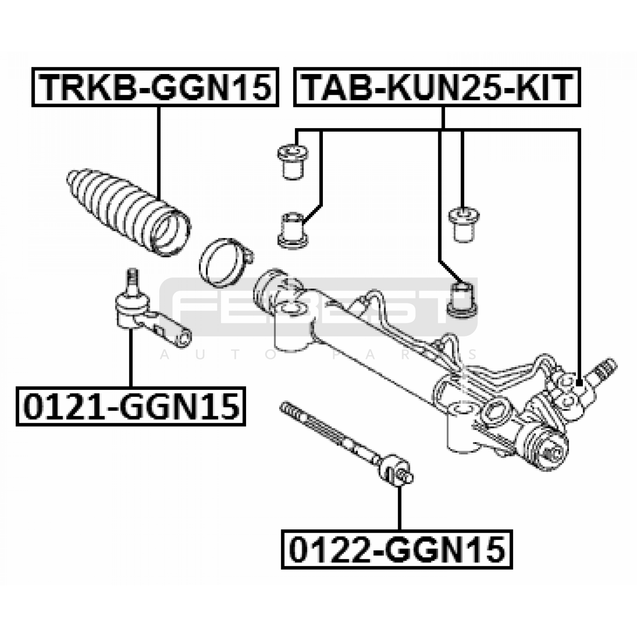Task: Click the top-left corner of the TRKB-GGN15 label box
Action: [33, 68]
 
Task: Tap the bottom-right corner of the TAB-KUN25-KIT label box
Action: [580, 106]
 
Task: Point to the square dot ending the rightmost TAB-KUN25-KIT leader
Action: [579, 383]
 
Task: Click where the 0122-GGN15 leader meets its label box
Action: [399, 530]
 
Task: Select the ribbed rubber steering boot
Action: [129, 213]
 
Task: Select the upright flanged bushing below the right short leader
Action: [464, 225]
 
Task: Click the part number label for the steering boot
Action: [155, 87]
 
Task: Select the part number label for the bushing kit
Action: [437, 87]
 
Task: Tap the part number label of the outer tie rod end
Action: [131, 406]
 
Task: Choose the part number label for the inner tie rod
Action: [397, 550]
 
